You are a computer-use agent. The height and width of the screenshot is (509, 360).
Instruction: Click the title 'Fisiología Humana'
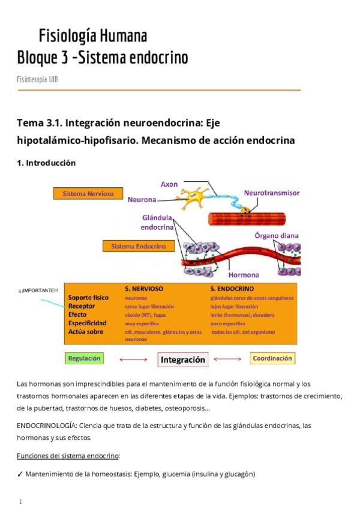pos(92,36)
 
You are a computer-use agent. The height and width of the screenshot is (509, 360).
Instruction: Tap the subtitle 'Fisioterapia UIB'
pos(37,79)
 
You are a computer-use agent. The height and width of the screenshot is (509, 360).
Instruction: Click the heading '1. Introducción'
pos(46,163)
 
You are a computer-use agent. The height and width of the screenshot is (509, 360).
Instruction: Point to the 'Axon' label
pos(169,184)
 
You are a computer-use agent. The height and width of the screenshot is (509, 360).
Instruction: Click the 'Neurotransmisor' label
pos(271,193)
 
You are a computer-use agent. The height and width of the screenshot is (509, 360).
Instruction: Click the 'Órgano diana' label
pos(276,235)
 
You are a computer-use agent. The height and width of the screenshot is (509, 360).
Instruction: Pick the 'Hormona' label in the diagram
pos(244,275)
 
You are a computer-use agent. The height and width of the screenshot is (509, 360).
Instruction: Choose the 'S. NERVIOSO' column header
pos(143,289)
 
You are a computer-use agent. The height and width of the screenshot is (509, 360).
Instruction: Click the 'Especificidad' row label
pos(88,323)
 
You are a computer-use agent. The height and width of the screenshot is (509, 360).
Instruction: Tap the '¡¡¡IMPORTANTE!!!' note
pos(39,291)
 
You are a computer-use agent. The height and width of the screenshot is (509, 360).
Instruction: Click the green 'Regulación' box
pos(84,358)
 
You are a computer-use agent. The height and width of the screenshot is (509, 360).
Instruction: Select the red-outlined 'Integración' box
pos(182,360)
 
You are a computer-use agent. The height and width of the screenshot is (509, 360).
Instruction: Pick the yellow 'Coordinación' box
pos(272,358)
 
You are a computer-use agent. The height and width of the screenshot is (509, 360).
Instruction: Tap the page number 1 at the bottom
pos(20,502)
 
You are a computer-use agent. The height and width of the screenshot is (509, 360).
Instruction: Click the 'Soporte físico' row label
pos(89,298)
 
